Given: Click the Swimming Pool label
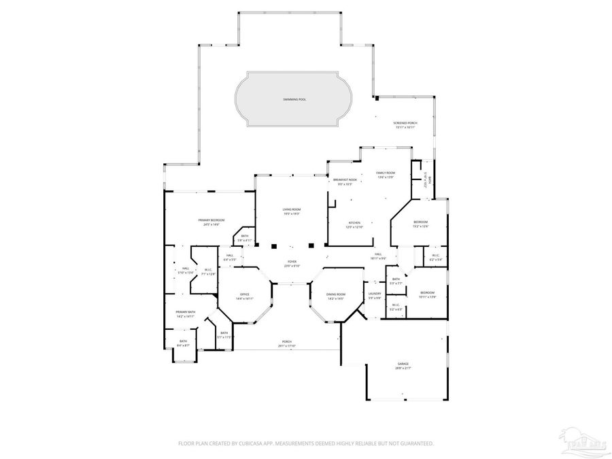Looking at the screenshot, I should tap(294, 99).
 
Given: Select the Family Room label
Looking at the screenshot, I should tap(386, 173).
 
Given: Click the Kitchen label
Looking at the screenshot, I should tap(354, 223).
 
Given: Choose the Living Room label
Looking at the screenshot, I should tap(292, 209).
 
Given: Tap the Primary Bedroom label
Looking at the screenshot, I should tap(211, 220).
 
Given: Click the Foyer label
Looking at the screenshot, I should tap(292, 261).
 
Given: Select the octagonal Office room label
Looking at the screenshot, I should tap(244, 294).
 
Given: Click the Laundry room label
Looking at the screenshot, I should tap(375, 294).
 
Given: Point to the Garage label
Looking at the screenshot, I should tap(403, 364).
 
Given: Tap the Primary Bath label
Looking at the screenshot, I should tap(186, 313).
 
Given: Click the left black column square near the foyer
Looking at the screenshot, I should tap(274, 245).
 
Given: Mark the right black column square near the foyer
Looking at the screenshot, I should tap(310, 245).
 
